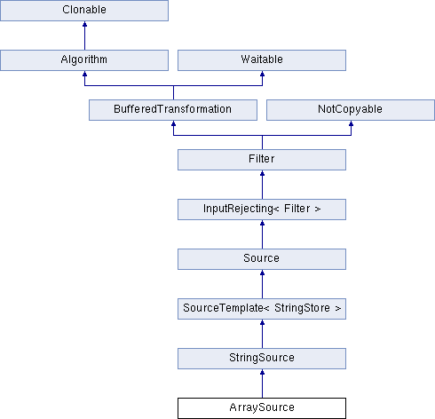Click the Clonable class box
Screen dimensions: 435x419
(84, 11)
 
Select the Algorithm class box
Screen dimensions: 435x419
(84, 60)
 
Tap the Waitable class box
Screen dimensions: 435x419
(262, 60)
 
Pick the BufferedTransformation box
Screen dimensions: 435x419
(173, 110)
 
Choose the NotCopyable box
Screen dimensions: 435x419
(351, 110)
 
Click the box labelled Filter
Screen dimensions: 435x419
(262, 160)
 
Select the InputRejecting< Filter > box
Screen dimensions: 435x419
(262, 209)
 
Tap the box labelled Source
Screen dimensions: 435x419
(262, 259)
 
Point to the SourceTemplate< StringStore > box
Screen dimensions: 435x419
(262, 309)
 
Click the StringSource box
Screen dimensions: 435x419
(262, 359)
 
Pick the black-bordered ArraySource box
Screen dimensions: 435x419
(262, 408)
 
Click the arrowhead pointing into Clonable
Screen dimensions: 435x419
(84, 24)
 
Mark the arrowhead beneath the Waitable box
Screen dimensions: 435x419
(262, 74)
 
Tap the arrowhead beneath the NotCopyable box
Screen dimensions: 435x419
(351, 123)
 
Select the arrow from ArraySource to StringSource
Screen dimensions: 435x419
(262, 383)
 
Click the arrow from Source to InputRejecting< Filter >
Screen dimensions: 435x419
(262, 234)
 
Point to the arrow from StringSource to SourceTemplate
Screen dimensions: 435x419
(262, 334)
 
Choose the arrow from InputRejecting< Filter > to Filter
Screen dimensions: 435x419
(262, 185)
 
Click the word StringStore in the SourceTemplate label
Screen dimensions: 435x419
(302, 308)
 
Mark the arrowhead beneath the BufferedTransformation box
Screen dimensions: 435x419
(173, 123)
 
